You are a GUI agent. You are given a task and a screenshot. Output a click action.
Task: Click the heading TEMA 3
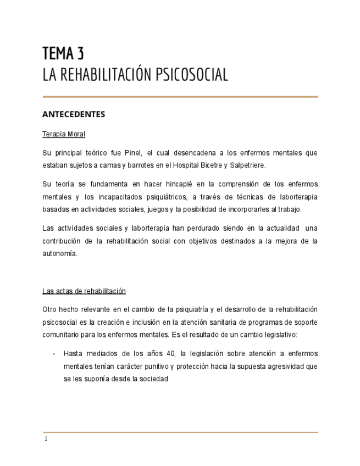pyautogui.click(x=63, y=54)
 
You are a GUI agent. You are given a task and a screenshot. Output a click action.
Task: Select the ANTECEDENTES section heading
pyautogui.click(x=73, y=114)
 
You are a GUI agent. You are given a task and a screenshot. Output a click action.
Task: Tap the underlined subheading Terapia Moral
pyautogui.click(x=64, y=134)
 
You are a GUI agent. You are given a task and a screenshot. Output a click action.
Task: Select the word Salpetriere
pyautogui.click(x=247, y=165)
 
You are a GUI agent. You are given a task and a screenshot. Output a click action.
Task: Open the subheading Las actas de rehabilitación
pyautogui.click(x=84, y=291)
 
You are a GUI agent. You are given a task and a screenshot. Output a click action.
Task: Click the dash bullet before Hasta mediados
pyautogui.click(x=53, y=353)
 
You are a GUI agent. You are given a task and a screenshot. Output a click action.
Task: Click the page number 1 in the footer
pyautogui.click(x=46, y=439)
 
